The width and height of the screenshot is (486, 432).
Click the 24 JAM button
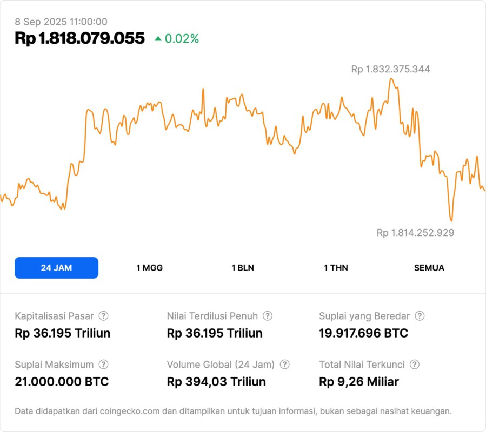[x=56, y=268]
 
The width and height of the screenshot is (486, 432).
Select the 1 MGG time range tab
[x=149, y=268]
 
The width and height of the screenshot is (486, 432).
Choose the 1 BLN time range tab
[x=243, y=268]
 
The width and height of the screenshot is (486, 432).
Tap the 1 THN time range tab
[x=336, y=268]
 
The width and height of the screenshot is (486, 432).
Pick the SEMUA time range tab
[x=429, y=268]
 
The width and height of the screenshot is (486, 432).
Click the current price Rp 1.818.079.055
[x=80, y=38]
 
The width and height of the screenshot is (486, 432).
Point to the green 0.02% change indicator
[x=177, y=39]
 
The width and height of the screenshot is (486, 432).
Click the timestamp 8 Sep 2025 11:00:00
[x=61, y=22]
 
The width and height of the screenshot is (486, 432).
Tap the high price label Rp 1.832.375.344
[x=391, y=69]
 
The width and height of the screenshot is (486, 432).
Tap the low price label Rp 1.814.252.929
[x=415, y=233]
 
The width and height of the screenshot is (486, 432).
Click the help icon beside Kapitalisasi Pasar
[x=103, y=316]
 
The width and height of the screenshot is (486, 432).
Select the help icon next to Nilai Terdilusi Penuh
[x=268, y=316]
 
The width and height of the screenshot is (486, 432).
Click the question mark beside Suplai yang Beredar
[x=420, y=316]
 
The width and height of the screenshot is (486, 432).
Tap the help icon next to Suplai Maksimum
[x=103, y=364]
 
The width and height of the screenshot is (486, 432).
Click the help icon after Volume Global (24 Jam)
[x=284, y=364]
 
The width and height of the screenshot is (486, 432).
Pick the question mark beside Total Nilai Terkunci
[x=415, y=364]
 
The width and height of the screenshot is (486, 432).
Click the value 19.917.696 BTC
[x=363, y=333]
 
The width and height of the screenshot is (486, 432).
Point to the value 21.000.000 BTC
[x=62, y=382]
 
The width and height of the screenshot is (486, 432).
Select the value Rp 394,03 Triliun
[x=216, y=382]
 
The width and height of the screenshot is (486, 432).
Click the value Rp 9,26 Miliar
[x=359, y=382]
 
